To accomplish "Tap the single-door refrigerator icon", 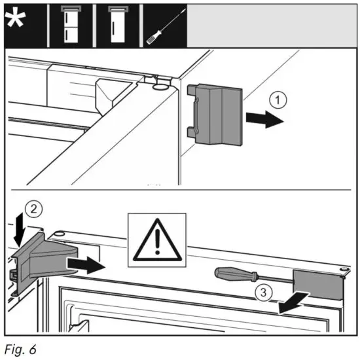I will coord(118,24).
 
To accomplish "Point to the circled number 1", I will coord(278,101).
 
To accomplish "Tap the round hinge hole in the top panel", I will coord(158,86).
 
